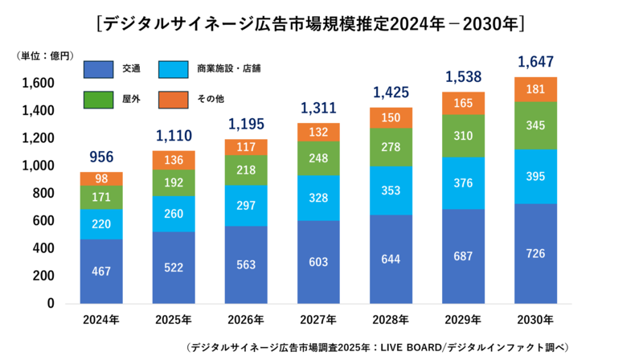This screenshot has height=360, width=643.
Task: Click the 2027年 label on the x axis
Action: tap(320, 320)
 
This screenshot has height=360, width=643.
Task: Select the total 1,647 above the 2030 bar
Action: tap(536, 61)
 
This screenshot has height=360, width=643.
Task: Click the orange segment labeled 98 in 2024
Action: tap(100, 178)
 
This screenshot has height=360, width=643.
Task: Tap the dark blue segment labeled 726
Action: tap(536, 254)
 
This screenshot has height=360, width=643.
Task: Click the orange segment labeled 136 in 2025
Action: tap(174, 160)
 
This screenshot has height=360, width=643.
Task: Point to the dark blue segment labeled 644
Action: tap(391, 260)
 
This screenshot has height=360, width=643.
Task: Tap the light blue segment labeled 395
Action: tap(536, 176)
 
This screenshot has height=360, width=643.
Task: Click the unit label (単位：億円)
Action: tap(45, 55)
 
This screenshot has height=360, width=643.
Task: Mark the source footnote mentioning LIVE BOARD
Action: tap(378, 347)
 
